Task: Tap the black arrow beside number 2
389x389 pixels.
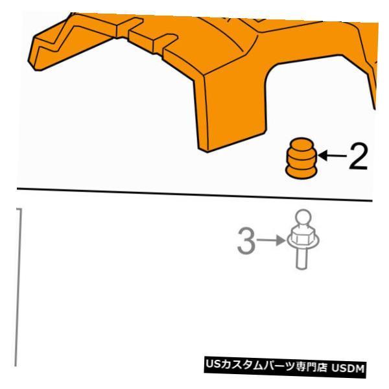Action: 332,156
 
